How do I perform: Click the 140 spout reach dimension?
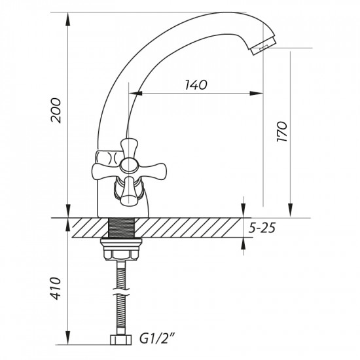(x=196, y=84)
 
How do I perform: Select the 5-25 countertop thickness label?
(x=264, y=228)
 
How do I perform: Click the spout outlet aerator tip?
(x=263, y=47)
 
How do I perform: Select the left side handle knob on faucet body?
(x=105, y=158)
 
